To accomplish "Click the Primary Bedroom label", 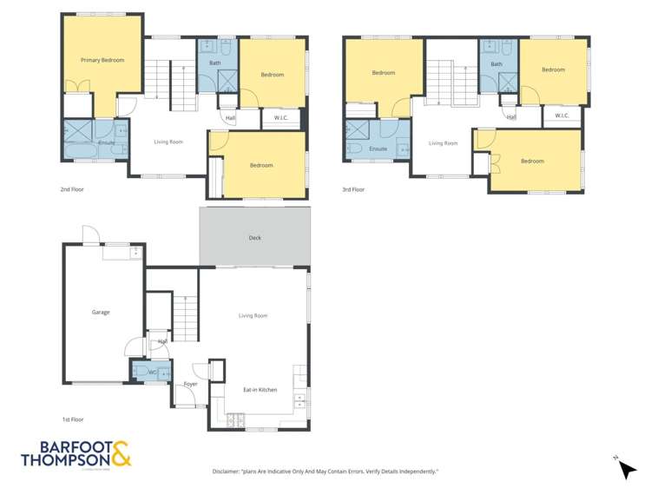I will pyautogui.click(x=102, y=60).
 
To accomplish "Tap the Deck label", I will pyautogui.click(x=254, y=238).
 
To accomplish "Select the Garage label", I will pyautogui.click(x=101, y=312).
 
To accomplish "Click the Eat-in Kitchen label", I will pyautogui.click(x=260, y=390).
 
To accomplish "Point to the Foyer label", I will pyautogui.click(x=190, y=384).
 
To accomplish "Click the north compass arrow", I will pyautogui.click(x=626, y=469).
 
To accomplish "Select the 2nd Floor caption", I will pyautogui.click(x=73, y=188).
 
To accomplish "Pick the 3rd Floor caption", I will pyautogui.click(x=353, y=189).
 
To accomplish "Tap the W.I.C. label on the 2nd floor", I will pyautogui.click(x=281, y=117).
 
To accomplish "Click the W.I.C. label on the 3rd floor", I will pyautogui.click(x=562, y=115).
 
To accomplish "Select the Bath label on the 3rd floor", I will pyautogui.click(x=496, y=64).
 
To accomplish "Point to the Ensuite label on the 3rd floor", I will pyautogui.click(x=378, y=148).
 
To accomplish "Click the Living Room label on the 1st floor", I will pyautogui.click(x=253, y=315).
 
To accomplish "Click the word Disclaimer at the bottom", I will pyautogui.click(x=229, y=472).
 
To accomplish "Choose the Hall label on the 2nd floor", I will pyautogui.click(x=230, y=118).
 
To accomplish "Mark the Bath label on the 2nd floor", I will pyautogui.click(x=214, y=63).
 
